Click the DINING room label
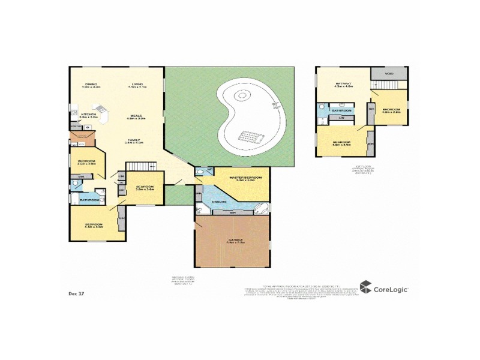91,84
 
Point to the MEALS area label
136,116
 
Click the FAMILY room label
134,140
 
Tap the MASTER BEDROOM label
245,178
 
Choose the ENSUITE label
220,202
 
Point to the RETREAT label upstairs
343,83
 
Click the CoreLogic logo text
391,289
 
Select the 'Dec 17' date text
77,293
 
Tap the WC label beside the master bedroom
210,170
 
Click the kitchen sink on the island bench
101,109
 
